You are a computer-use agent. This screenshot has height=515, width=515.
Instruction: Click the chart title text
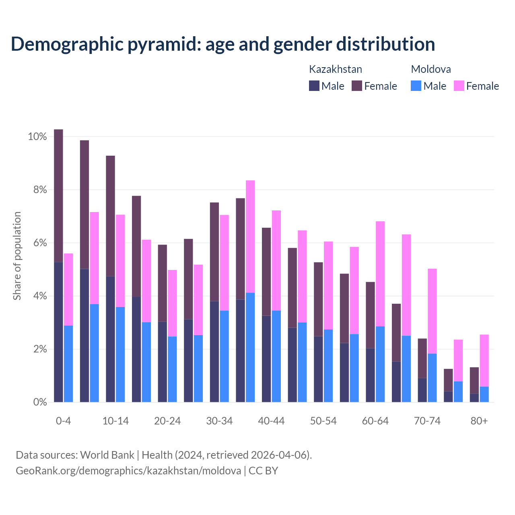pyautogui.click(x=223, y=44)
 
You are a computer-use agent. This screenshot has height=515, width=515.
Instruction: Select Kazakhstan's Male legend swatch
pyautogui.click(x=314, y=86)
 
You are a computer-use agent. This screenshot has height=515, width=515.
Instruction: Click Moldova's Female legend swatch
pyautogui.click(x=459, y=86)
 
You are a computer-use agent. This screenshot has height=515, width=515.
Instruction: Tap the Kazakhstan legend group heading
pyautogui.click(x=335, y=69)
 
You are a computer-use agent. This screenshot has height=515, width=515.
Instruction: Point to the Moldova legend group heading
pyautogui.click(x=431, y=69)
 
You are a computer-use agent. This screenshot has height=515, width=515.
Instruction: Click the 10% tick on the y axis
pyautogui.click(x=37, y=137)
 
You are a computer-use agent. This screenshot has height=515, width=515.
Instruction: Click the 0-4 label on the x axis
pyautogui.click(x=63, y=421)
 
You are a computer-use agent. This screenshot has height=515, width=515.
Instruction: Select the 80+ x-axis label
pyautogui.click(x=479, y=421)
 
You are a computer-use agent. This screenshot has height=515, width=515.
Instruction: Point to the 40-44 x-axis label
pyautogui.click(x=271, y=421)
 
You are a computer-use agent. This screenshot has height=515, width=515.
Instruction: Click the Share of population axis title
pyautogui.click(x=17, y=256)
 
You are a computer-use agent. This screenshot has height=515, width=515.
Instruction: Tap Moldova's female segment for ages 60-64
pyautogui.click(x=380, y=274)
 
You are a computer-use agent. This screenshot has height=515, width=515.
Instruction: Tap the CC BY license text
pyautogui.click(x=263, y=471)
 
